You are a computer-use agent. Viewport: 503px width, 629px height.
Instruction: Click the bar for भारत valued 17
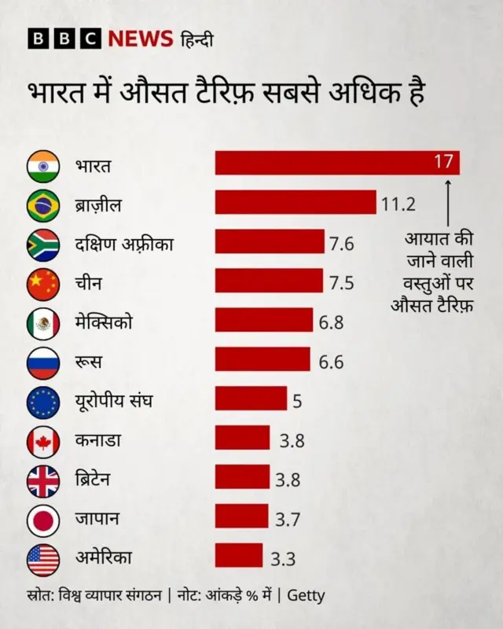tap(336, 164)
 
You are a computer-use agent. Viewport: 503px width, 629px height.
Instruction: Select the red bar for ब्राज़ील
tap(296, 203)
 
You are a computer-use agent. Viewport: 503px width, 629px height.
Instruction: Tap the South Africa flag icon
tap(43, 245)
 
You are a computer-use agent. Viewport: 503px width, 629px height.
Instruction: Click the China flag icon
tap(43, 284)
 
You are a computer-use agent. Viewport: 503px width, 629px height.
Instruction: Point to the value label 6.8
tap(331, 322)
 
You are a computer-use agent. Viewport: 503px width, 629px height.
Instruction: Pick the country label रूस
tap(90, 362)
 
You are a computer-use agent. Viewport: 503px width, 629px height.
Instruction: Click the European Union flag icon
tap(43, 402)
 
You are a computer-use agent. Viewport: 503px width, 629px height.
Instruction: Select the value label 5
tap(297, 402)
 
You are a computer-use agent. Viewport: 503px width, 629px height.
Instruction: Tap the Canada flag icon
tap(43, 441)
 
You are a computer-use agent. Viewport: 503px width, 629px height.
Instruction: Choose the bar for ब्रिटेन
tap(242, 478)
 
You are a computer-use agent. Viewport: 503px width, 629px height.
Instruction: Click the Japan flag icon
tap(43, 520)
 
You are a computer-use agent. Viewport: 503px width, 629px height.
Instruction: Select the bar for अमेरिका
tap(239, 557)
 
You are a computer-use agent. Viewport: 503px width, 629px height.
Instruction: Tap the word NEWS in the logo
tap(140, 39)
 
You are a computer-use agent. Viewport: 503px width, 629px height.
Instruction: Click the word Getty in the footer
tap(306, 595)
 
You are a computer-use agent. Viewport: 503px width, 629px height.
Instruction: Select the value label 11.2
tap(398, 204)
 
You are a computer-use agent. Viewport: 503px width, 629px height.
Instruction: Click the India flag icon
tap(43, 166)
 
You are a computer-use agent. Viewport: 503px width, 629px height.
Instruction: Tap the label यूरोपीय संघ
tap(113, 402)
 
